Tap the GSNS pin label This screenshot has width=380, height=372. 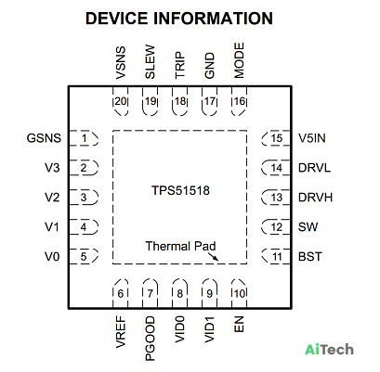[44, 138]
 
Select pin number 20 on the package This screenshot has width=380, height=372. [121, 101]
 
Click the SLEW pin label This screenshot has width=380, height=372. [150, 62]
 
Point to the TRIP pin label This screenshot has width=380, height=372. [179, 65]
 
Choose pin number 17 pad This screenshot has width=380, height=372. [210, 101]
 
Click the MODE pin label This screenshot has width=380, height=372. [239, 60]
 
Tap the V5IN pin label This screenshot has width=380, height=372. [312, 138]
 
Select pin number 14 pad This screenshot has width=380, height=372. [276, 168]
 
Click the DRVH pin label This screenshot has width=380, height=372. [315, 198]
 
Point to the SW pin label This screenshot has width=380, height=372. [308, 227]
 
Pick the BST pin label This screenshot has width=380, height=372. [310, 257]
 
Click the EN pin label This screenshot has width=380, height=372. [239, 325]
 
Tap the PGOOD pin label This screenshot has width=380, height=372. [150, 339]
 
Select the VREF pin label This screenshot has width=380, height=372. [121, 332]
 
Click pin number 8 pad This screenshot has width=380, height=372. [179, 293]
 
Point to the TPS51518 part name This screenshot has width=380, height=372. [180, 190]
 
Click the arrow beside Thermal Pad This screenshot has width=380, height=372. [213, 257]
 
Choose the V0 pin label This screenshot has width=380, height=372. [52, 257]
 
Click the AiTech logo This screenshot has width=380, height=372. [329, 350]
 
